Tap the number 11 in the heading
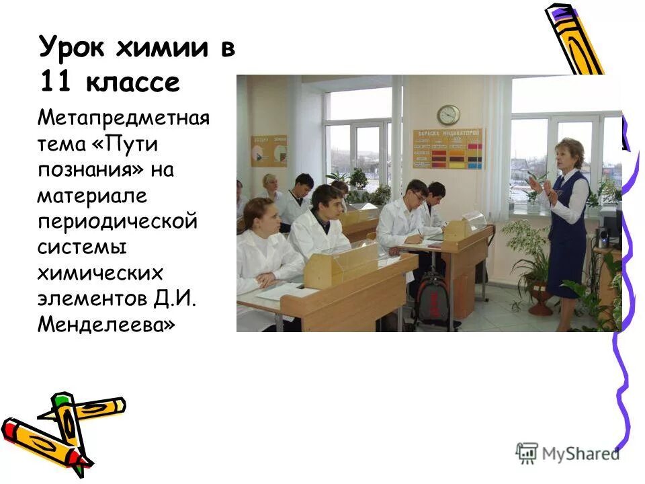pos(55,83)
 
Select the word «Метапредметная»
pos(124,119)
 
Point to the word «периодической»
pos(118,221)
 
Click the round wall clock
pos(448,114)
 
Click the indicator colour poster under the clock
pos(447,149)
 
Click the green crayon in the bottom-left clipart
pos(67,424)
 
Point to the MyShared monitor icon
pos(527,453)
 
